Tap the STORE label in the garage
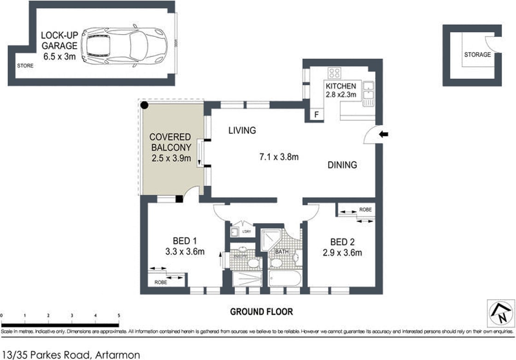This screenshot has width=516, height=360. [x=25, y=66]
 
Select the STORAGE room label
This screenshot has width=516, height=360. [x=477, y=54]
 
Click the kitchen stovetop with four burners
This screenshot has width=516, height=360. [x=334, y=73]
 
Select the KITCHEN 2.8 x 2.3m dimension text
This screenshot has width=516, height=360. [x=341, y=91]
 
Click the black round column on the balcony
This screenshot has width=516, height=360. [x=145, y=106]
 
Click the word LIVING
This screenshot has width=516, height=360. [x=242, y=130]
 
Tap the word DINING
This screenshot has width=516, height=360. [x=342, y=165]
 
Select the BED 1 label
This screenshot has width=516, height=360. [x=185, y=240]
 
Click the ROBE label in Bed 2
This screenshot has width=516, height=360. [x=365, y=210]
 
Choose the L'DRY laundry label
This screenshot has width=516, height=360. [x=246, y=231]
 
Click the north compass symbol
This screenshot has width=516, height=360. [x=500, y=313]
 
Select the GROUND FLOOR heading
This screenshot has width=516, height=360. [x=261, y=312]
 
